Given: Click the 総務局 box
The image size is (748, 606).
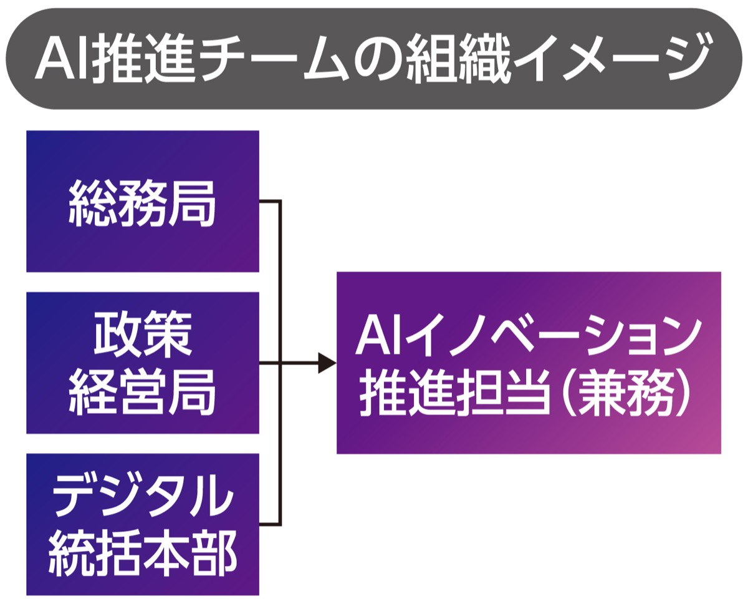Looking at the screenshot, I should pyautogui.click(x=142, y=201).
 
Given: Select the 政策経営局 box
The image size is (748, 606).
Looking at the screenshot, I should pyautogui.click(x=142, y=363).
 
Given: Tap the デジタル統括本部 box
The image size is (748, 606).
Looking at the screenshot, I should pyautogui.click(x=142, y=524).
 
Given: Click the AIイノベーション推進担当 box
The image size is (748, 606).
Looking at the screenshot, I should pyautogui.click(x=528, y=363).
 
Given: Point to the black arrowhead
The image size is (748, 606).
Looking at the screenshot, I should pyautogui.click(x=327, y=363).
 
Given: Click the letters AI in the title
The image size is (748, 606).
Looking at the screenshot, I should pyautogui.click(x=60, y=59).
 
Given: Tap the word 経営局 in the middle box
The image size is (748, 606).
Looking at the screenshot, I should pyautogui.click(x=142, y=393).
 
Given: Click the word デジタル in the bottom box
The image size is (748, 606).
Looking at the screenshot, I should pyautogui.click(x=142, y=495).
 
